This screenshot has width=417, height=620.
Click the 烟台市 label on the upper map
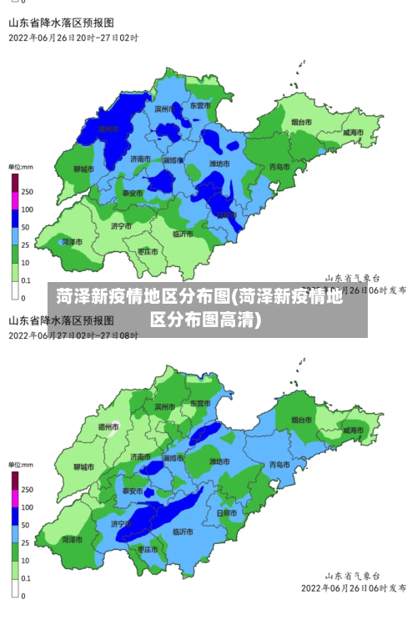(x=302, y=123)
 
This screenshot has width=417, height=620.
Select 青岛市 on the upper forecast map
(x=279, y=167)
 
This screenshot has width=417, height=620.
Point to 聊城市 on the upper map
(x=83, y=169)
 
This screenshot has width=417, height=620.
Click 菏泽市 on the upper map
(x=73, y=242)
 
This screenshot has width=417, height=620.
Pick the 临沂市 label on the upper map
(x=183, y=234)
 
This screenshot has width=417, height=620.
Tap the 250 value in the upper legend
(x=28, y=192)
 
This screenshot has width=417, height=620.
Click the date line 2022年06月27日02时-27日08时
(x=73, y=335)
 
